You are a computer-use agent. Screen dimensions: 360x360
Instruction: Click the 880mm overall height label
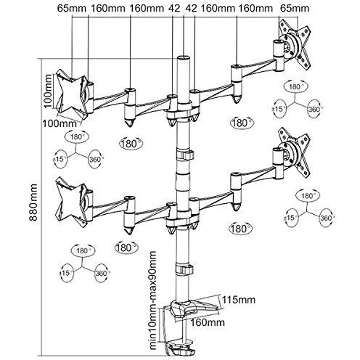point(33,202)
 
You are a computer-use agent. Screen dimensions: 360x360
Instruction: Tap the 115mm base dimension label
point(239,300)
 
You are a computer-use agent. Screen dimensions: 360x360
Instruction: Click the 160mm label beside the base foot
point(208,322)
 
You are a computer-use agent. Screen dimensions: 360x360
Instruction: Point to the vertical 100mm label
point(48,91)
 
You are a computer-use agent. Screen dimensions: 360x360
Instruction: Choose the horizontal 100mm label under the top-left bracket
point(60,123)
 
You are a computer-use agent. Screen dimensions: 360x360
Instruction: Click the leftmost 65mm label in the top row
point(72,8)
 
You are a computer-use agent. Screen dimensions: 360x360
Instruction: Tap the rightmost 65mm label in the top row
point(295,8)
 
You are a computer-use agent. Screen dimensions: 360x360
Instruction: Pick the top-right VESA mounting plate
point(295,46)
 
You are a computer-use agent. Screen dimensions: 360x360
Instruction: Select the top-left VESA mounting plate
point(71,94)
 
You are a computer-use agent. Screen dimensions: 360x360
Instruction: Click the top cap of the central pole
point(183,58)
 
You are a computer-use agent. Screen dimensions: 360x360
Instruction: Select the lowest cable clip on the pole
point(184,269)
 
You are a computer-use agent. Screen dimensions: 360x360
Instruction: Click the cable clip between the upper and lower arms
point(184,155)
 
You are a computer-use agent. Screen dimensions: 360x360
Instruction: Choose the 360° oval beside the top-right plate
point(315,109)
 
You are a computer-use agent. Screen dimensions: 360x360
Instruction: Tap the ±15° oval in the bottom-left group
point(65,273)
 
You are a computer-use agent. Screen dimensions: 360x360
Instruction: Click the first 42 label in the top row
point(174,8)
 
